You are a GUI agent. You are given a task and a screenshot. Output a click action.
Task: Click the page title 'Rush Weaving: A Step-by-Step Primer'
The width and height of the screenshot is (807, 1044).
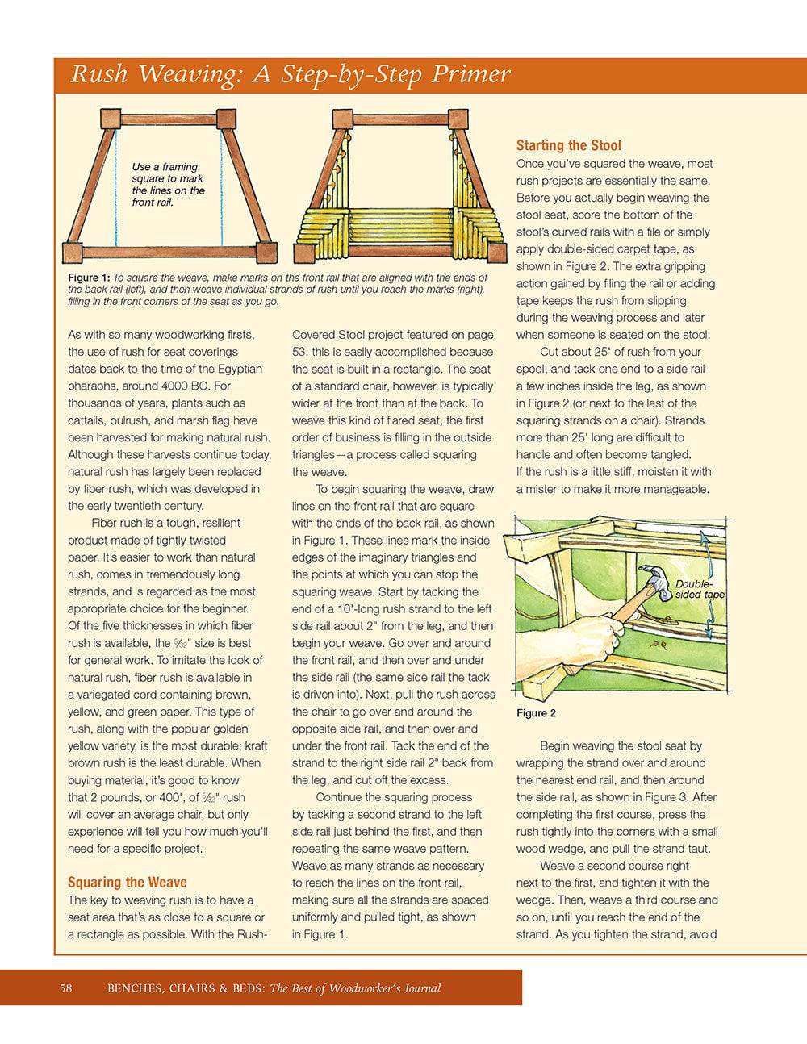[291, 75]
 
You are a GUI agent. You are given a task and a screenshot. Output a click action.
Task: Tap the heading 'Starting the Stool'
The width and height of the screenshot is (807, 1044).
[568, 145]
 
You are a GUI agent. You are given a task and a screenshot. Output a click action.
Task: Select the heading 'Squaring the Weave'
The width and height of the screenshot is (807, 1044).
[127, 882]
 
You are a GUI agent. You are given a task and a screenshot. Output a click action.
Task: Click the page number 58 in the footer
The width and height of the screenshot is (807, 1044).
[66, 988]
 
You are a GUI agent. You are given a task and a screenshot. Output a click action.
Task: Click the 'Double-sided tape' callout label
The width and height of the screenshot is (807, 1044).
[699, 590]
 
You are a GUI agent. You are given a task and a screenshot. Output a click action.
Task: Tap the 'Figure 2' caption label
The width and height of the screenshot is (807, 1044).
[536, 713]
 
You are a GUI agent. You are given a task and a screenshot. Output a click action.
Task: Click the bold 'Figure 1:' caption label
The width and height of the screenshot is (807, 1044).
[89, 278]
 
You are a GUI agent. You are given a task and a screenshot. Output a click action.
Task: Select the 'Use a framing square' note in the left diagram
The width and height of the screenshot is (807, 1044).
[168, 184]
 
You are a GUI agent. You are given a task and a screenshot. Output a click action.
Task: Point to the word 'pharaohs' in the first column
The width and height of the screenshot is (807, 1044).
[90, 386]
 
